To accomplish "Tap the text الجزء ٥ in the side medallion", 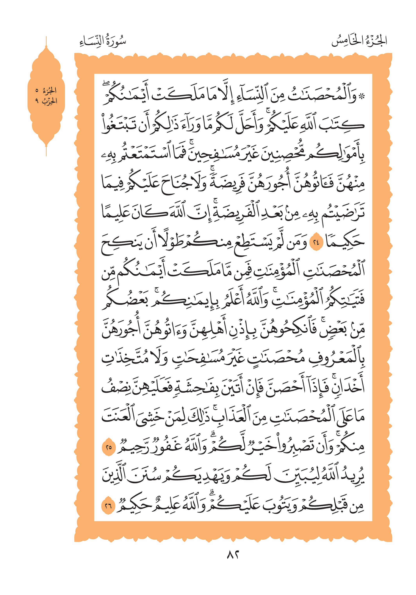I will (x=46, y=90).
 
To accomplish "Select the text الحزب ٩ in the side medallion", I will (x=46, y=101).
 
